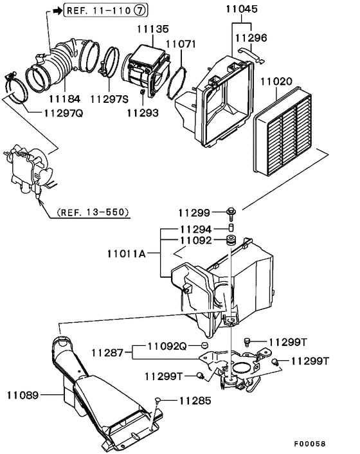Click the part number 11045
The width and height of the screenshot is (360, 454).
pyautogui.click(x=241, y=10)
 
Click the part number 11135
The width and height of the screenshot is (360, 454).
pyautogui.click(x=153, y=29)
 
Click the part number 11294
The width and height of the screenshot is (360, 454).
pyautogui.click(x=195, y=228)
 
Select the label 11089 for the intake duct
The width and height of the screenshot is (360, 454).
pyautogui.click(x=24, y=393)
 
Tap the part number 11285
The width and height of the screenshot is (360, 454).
pyautogui.click(x=194, y=401)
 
